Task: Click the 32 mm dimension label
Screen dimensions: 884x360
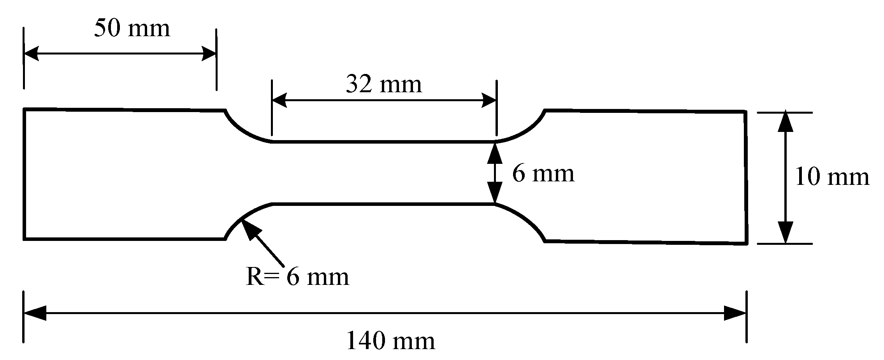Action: (383, 84)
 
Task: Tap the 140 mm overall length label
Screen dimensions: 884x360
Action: (390, 341)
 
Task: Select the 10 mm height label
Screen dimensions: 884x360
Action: (832, 177)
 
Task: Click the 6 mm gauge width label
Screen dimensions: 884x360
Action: (543, 174)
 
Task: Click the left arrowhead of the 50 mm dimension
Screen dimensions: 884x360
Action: (31, 54)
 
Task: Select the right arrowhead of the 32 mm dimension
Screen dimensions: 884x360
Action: (489, 100)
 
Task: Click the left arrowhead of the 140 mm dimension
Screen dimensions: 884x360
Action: (34, 313)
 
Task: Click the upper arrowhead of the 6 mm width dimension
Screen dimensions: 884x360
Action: (495, 152)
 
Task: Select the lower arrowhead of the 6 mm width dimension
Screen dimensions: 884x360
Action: (495, 194)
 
